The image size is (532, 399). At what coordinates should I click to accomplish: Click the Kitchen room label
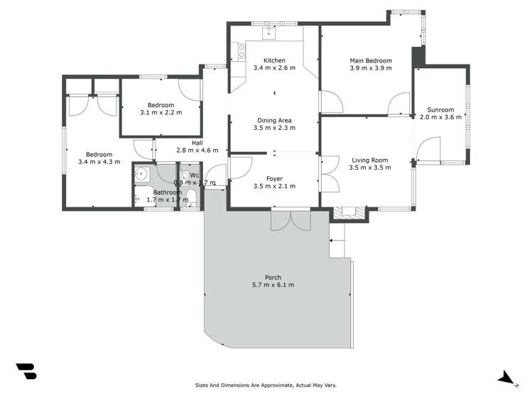(274, 60)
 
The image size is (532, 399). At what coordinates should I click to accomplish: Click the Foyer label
(274, 178)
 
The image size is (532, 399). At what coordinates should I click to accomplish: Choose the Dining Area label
(274, 120)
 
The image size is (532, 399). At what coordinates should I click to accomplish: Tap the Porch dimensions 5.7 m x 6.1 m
(273, 285)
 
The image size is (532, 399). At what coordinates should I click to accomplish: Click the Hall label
(197, 143)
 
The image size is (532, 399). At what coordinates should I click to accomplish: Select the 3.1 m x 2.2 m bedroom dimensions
(161, 113)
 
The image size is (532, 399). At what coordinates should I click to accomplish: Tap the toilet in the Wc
(191, 197)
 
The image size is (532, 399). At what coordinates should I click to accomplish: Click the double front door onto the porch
(291, 219)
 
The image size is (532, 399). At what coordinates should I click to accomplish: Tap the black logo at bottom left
(26, 371)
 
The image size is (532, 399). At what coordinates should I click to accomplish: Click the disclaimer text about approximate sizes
(266, 386)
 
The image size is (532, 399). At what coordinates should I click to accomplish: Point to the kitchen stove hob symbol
(241, 50)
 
